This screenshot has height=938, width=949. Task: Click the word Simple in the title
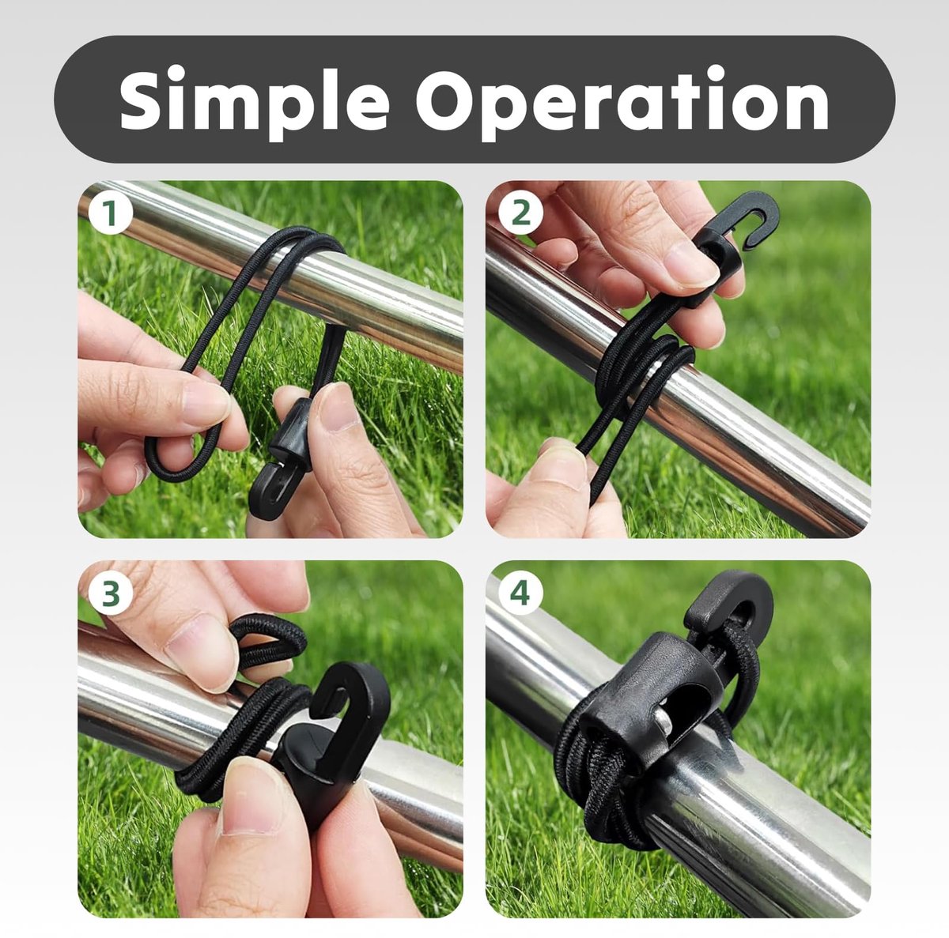[254, 101]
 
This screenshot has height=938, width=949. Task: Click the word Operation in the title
[622, 101]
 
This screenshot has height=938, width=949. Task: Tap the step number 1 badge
[110, 213]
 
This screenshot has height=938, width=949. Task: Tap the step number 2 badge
[520, 213]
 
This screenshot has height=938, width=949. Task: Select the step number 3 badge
[110, 593]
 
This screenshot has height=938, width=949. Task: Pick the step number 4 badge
[520, 593]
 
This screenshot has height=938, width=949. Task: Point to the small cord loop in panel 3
[267, 641]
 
